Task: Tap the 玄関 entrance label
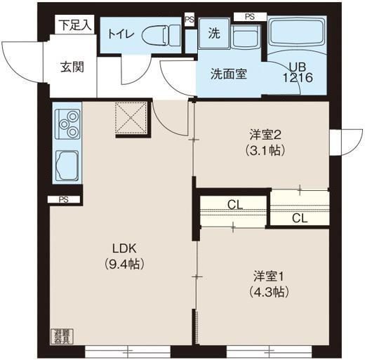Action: (x=72, y=67)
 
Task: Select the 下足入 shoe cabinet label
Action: (x=75, y=25)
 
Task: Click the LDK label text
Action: (x=127, y=248)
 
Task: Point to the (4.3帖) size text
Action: (x=267, y=291)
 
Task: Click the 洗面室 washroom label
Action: (x=228, y=74)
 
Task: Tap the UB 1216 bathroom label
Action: (x=296, y=73)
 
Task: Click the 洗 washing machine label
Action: (x=213, y=32)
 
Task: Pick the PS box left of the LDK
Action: (x=64, y=200)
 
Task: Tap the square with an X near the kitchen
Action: (x=131, y=117)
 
